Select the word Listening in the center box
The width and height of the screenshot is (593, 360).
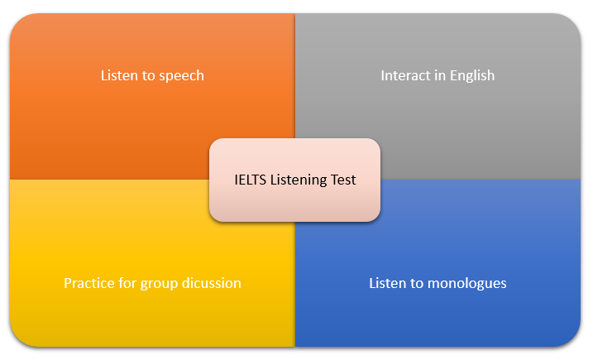coord(298,180)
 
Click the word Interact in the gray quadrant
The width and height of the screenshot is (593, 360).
coord(405,75)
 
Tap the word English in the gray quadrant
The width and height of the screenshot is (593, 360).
coord(472,76)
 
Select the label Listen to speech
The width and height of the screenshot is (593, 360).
coord(152,75)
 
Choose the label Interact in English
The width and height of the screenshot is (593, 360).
coord(438,75)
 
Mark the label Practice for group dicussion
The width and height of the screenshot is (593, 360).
coord(152,283)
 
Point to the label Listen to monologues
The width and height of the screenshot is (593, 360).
coord(438,283)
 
